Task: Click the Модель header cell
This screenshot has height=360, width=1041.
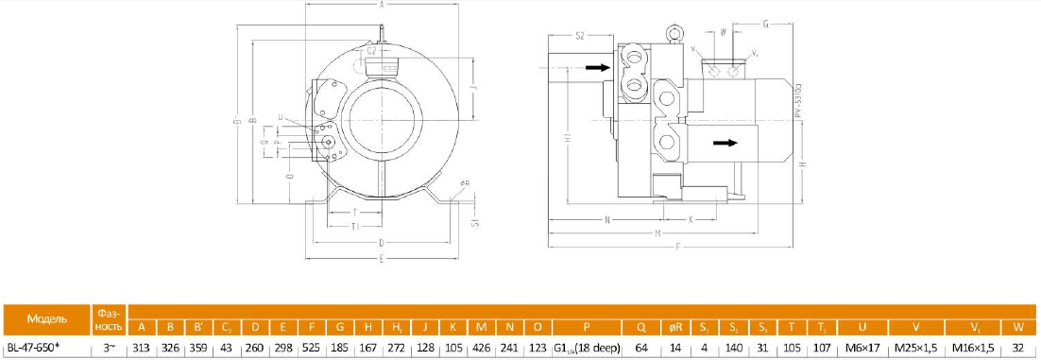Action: pyautogui.click(x=45, y=318)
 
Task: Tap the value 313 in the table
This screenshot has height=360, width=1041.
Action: pyautogui.click(x=142, y=346)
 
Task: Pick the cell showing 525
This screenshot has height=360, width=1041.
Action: pyautogui.click(x=311, y=346)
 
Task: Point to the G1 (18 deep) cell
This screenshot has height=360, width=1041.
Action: pyautogui.click(x=587, y=346)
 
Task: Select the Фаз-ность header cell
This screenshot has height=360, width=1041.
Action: pyautogui.click(x=108, y=318)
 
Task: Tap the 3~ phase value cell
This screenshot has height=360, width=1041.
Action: pyautogui.click(x=108, y=346)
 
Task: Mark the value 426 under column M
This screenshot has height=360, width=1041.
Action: pyautogui.click(x=482, y=346)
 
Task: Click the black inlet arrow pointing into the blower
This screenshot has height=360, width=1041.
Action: pyautogui.click(x=596, y=67)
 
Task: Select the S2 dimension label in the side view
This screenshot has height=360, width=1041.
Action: pyautogui.click(x=582, y=35)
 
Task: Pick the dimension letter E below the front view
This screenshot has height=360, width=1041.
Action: pyautogui.click(x=380, y=257)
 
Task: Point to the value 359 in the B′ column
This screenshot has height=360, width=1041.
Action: pyautogui.click(x=198, y=346)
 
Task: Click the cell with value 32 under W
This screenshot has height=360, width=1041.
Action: pyautogui.click(x=1017, y=346)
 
